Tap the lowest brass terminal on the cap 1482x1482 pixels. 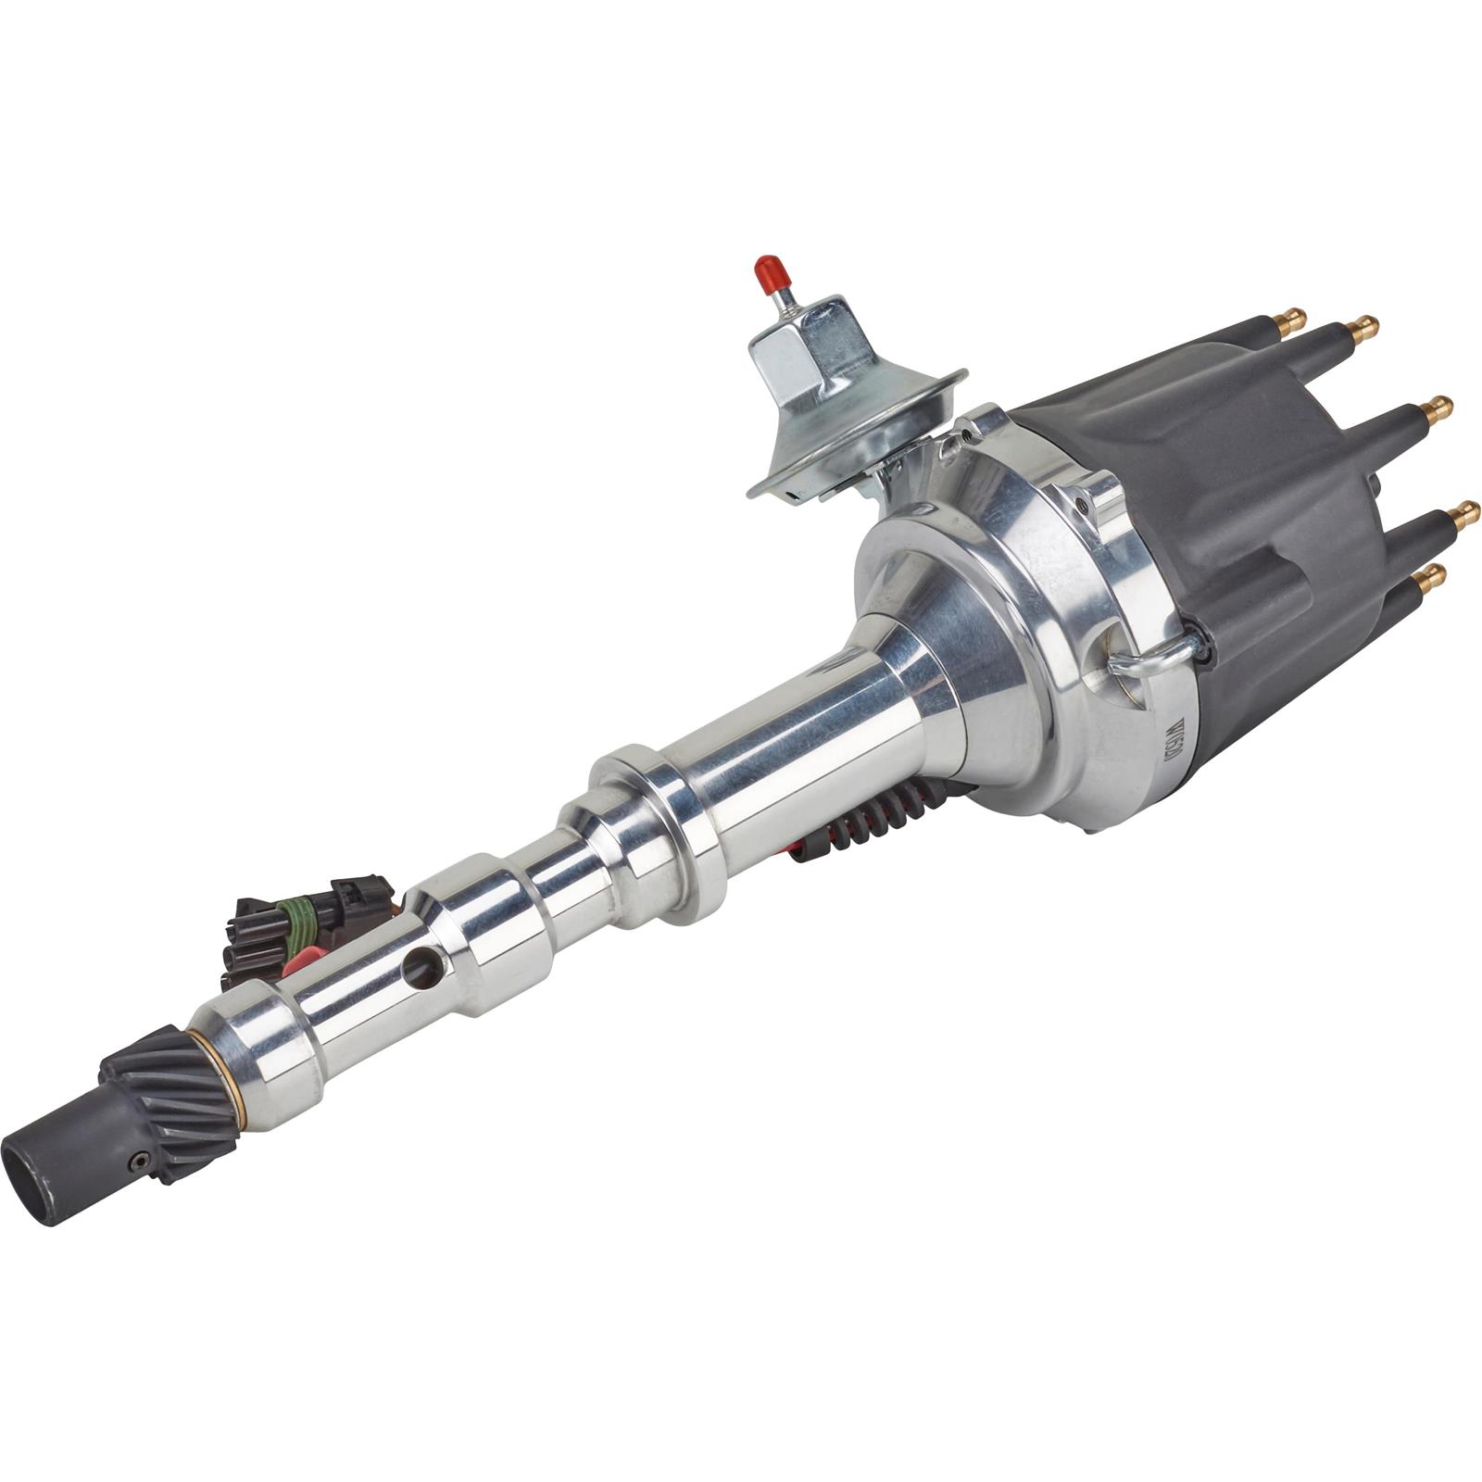[x=1430, y=578]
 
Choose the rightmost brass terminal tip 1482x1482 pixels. [x=1465, y=513]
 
